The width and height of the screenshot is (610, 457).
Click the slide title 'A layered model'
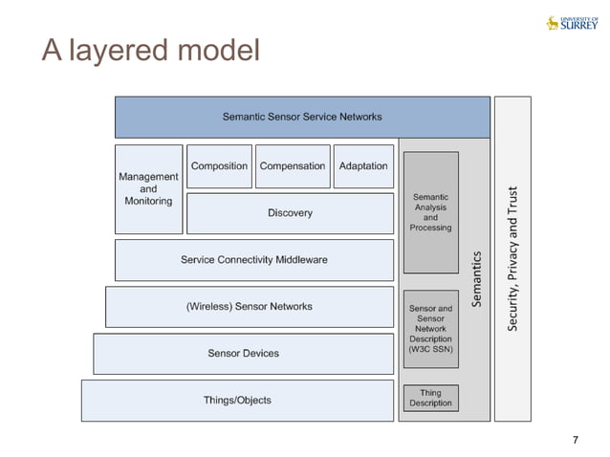click(150, 51)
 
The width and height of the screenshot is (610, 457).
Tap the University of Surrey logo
click(571, 22)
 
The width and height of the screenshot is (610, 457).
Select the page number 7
click(575, 440)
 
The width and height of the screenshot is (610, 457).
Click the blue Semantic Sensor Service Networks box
click(302, 117)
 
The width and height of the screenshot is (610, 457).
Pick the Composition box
click(219, 166)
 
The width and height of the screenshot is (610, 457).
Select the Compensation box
click(293, 166)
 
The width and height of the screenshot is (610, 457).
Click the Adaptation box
click(363, 166)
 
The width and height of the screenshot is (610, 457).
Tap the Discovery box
click(290, 213)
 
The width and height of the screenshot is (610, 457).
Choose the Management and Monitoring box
click(148, 189)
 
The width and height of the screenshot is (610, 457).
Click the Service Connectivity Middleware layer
click(253, 260)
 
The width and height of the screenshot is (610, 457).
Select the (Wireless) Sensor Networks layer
click(249, 307)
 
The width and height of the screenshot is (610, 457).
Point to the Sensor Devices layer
click(243, 354)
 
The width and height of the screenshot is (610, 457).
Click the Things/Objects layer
click(237, 401)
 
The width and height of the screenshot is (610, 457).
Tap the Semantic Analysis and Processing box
click(430, 212)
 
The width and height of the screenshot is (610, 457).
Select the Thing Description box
click(430, 398)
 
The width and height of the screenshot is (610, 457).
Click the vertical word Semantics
click(477, 279)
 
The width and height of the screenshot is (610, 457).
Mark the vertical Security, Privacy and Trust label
click(512, 259)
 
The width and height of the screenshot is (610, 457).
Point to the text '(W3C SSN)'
click(430, 350)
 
